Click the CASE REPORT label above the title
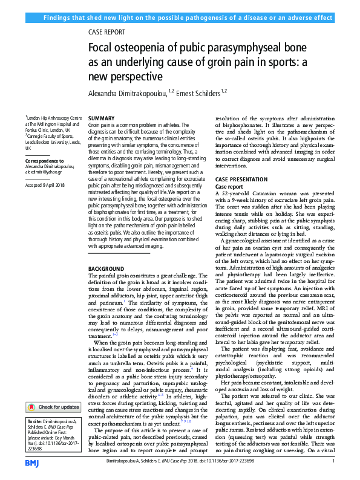107,32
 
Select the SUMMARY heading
101,118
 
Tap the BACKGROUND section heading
107,268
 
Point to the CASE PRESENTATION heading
242,180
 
